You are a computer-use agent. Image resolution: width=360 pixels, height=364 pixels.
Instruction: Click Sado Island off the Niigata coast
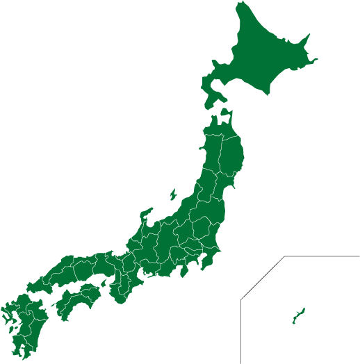coord(172,194)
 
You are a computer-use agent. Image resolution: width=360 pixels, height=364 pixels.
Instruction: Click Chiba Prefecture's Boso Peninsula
coord(213,260)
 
